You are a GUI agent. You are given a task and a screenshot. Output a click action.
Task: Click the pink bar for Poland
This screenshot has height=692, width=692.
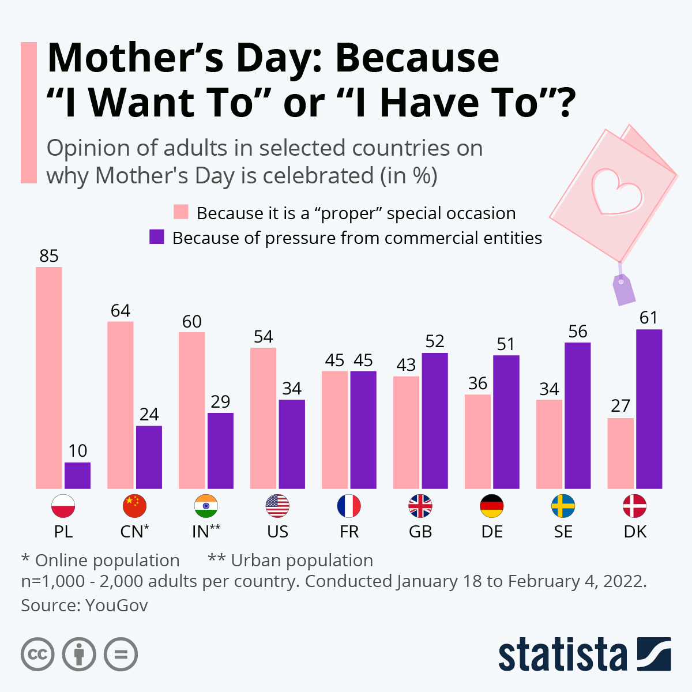point(49,378)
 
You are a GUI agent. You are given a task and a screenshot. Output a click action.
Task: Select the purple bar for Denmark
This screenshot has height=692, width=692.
point(649,409)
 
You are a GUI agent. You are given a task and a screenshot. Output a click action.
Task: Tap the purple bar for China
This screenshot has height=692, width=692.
point(149,457)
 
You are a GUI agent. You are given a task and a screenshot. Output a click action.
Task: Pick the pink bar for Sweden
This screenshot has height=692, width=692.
point(549,444)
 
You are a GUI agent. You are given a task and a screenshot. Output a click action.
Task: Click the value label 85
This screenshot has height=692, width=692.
point(49,256)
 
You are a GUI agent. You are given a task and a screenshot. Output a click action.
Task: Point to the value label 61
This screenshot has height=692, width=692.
point(649,318)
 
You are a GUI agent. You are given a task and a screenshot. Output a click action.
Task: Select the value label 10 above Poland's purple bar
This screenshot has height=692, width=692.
point(78,451)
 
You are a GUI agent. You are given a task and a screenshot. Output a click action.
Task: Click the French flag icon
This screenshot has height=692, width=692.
point(349,506)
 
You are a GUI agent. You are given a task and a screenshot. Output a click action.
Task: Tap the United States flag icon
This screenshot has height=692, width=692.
point(277,506)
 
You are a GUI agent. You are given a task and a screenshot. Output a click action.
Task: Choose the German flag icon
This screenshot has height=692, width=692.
point(492,506)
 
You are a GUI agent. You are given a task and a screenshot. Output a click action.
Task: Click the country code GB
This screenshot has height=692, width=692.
point(420,532)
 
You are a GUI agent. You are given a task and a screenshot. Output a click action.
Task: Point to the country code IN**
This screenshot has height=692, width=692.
point(206,532)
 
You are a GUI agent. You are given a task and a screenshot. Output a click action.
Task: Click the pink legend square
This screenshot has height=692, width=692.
point(181,212)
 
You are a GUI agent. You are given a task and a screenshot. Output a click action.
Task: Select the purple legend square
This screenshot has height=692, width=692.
point(157,237)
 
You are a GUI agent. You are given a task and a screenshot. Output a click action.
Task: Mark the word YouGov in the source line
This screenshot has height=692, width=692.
point(116,605)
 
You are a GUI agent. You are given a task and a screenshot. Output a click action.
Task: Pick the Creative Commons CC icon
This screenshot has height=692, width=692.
point(37,655)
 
